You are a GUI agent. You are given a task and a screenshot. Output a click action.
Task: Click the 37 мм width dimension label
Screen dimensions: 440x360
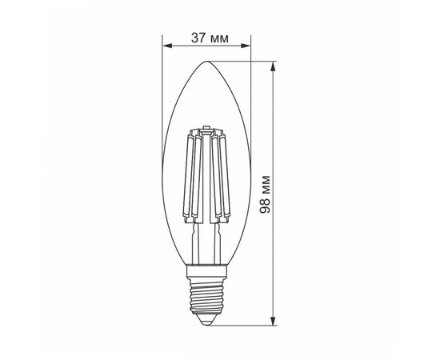pyautogui.click(x=210, y=38)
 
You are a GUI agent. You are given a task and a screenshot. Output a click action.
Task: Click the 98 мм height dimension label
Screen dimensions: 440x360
pyautogui.click(x=265, y=194)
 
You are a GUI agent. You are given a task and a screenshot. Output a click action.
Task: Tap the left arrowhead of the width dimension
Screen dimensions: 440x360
pyautogui.click(x=167, y=46)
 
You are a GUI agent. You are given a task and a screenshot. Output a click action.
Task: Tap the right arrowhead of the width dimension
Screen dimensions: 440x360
pyautogui.click(x=246, y=46)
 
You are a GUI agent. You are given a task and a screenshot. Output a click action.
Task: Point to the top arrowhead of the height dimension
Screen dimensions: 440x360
pyautogui.click(x=273, y=66)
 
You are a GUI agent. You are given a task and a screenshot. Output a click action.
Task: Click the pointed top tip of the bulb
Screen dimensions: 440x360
pyautogui.click(x=206, y=62)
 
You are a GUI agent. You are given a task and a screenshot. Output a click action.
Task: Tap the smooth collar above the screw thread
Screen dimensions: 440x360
pyautogui.click(x=206, y=272)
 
